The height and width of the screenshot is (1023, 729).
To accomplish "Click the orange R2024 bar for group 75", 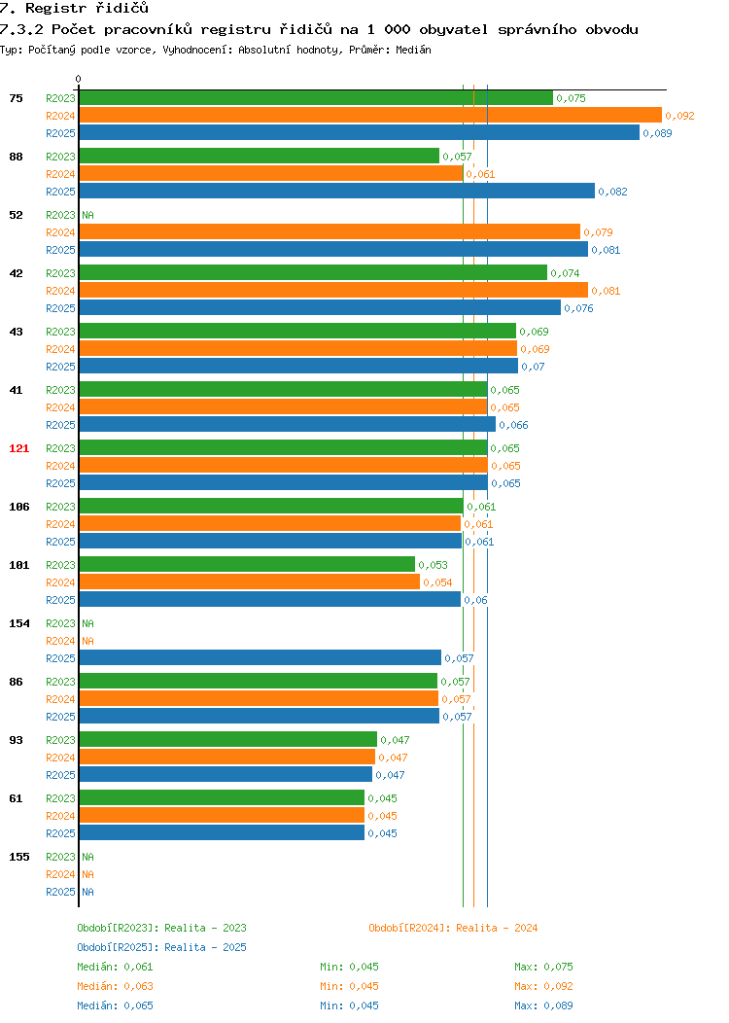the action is click(x=370, y=116).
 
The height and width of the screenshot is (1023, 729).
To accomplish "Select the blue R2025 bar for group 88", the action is click(x=337, y=192).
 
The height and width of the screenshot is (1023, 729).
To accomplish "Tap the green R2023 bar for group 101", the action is click(x=247, y=564).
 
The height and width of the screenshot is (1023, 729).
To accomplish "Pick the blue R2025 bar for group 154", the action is click(x=260, y=657).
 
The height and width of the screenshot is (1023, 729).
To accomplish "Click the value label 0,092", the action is click(x=679, y=116).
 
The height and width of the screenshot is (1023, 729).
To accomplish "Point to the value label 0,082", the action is click(x=612, y=192).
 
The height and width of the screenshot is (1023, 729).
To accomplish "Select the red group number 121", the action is click(x=18, y=448).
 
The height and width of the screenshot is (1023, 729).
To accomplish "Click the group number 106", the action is click(x=18, y=507).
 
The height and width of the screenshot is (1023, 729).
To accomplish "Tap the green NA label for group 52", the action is click(x=88, y=215).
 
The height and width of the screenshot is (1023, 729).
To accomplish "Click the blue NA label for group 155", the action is click(x=88, y=892).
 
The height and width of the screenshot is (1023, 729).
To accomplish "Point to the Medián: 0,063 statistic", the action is click(x=115, y=986).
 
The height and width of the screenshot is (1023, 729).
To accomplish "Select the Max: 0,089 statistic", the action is click(x=543, y=1006).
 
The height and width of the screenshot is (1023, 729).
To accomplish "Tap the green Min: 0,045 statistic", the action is click(x=349, y=967).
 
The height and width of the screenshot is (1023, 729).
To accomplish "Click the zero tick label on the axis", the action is click(x=79, y=80).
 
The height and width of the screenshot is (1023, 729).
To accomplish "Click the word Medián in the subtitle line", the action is click(x=413, y=50).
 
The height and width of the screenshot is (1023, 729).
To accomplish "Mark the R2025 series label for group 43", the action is click(x=60, y=367).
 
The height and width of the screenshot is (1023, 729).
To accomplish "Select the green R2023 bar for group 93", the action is click(x=228, y=739).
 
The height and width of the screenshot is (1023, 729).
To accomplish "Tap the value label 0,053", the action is click(x=433, y=565).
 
